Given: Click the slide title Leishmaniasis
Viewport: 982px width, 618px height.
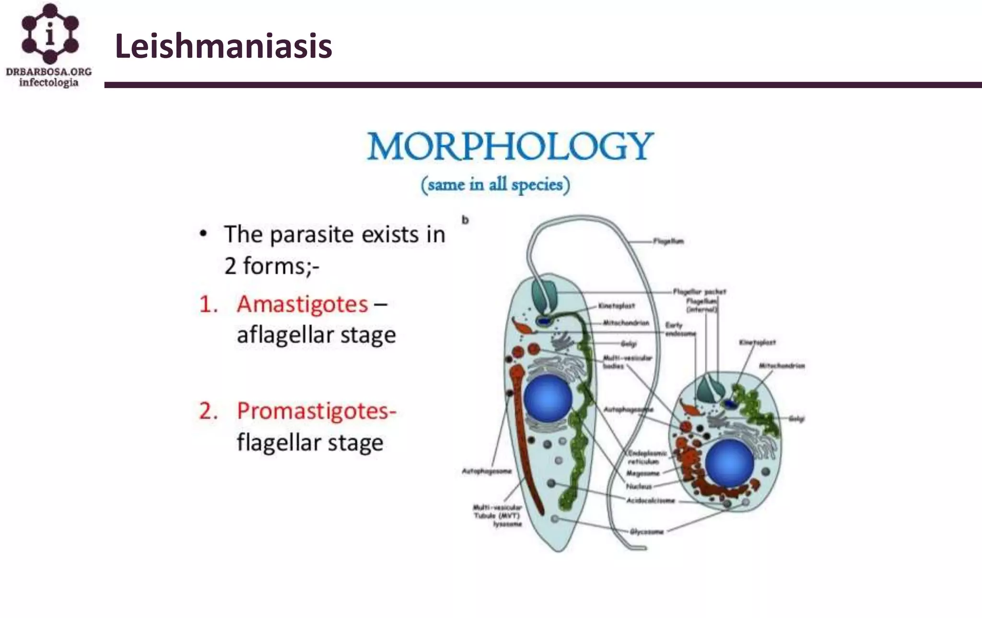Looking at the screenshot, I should pos(223,46).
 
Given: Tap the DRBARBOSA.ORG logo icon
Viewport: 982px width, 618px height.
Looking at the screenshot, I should pos(50,34).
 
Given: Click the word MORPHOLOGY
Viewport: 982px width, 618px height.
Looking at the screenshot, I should pos(510,146).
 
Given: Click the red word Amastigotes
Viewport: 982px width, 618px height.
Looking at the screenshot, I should pos(302,304).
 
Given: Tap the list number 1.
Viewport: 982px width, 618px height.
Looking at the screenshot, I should pos(208,305).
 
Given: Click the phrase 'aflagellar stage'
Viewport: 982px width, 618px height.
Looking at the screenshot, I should pos(316,335).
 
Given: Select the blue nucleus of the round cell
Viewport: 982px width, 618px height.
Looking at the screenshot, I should pos(729,463).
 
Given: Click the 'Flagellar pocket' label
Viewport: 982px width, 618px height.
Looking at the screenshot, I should pos(699,291).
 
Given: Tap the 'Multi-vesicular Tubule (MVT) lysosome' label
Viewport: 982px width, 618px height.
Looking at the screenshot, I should pos(497,515).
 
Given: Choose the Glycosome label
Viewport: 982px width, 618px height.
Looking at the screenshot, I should pos(646,531).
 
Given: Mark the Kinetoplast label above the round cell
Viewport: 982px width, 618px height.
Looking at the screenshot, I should pos(757,343).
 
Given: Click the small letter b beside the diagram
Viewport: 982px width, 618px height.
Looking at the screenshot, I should pos(465,220).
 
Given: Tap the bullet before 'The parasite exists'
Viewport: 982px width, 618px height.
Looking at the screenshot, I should pos(204,234).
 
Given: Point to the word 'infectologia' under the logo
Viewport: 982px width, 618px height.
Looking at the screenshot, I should pos(48,83).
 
